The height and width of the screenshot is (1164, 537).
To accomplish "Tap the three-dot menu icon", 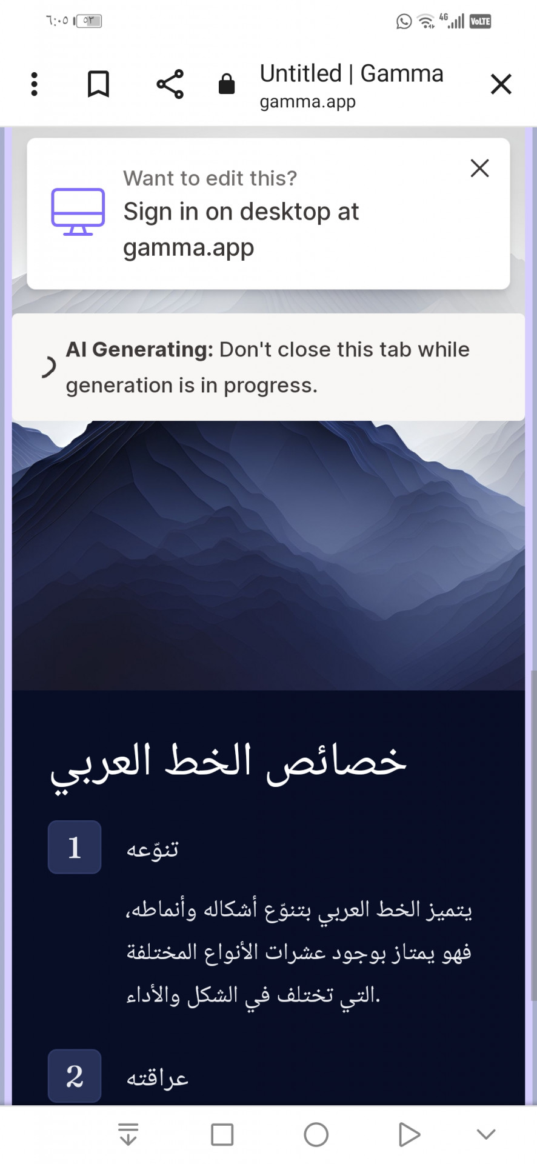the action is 35,84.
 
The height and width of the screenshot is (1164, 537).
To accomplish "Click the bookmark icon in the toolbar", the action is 98,84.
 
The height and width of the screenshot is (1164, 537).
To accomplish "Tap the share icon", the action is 170,84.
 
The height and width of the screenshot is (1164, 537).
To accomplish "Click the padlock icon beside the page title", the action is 227,84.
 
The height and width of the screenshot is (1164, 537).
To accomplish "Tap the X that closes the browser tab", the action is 501,84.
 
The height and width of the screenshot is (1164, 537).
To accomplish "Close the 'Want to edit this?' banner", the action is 480,168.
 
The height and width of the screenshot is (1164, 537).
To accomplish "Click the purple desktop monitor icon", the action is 78,212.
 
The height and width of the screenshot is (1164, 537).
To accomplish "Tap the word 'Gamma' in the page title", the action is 402,73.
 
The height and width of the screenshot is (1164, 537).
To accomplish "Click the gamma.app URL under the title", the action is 308,102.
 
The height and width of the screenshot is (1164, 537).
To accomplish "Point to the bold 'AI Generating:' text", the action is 139,350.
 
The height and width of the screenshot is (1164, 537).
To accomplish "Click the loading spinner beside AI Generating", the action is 49,367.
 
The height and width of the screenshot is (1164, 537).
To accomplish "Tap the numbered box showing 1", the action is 75,847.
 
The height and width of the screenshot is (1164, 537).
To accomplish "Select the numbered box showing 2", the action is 75,1076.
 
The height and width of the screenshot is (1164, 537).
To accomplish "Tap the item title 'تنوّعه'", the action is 153,848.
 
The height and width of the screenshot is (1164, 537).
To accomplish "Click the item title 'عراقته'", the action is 158,1077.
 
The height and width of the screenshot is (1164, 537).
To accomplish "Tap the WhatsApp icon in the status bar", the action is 404,22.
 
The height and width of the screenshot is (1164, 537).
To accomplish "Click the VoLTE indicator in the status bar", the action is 481,22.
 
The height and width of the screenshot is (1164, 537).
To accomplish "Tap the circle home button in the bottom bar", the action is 316,1134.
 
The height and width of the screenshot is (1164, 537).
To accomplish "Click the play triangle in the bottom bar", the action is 409,1134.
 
